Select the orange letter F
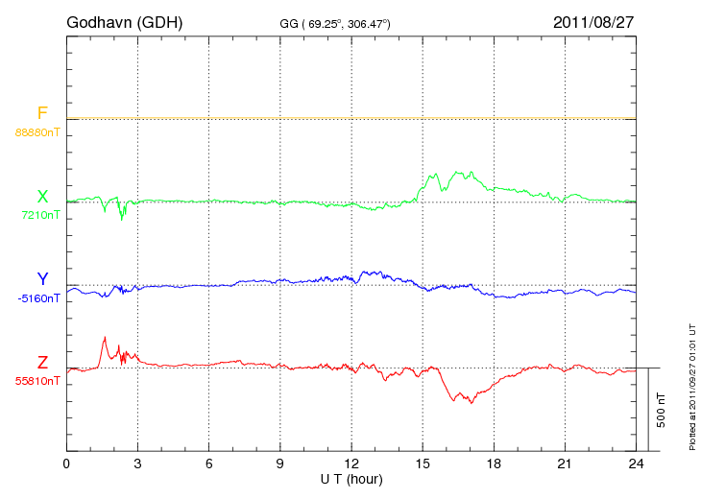click(42, 114)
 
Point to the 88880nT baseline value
click(37, 131)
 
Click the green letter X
click(42, 197)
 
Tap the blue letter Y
click(42, 279)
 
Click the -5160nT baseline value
click(38, 297)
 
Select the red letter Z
click(42, 363)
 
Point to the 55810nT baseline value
click(37, 381)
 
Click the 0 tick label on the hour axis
click(66, 463)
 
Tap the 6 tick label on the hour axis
click(209, 463)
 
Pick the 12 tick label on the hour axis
click(351, 463)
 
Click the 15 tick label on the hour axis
click(423, 463)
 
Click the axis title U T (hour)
click(351, 478)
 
